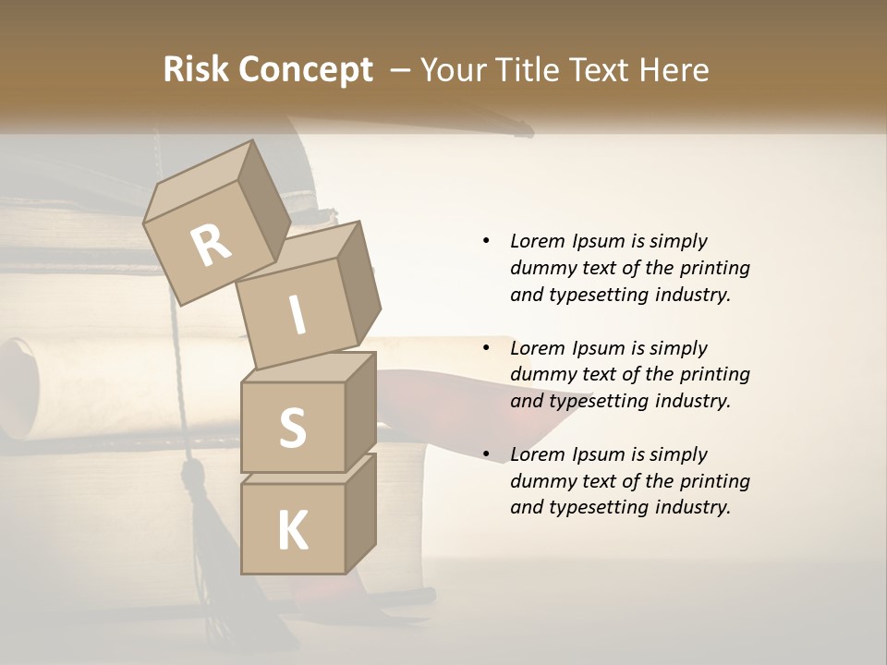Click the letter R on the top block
click(x=212, y=246)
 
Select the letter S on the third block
click(x=292, y=428)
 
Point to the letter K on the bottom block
click(x=292, y=531)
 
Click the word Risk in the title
click(x=194, y=70)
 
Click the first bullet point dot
click(x=486, y=241)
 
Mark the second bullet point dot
click(x=486, y=348)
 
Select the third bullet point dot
click(x=486, y=454)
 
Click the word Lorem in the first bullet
click(x=538, y=241)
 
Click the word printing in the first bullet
click(x=715, y=268)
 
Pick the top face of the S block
click(x=308, y=368)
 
